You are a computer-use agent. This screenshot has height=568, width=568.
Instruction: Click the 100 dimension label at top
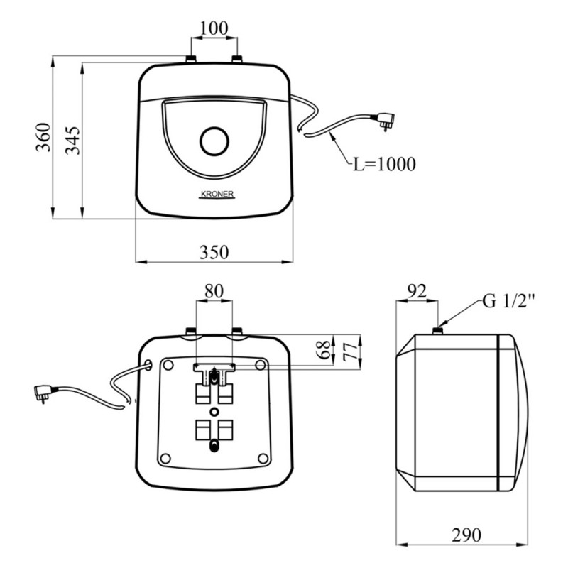(214, 28)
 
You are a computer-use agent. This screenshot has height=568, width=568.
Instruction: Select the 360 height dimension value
(44, 137)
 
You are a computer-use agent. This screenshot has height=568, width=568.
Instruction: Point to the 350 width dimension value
(213, 251)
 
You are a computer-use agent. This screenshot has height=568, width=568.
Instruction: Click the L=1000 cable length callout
(384, 165)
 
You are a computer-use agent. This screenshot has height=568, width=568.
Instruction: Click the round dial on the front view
(214, 141)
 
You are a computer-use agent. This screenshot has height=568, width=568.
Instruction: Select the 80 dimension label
(214, 290)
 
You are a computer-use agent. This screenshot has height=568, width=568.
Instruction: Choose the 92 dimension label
(418, 290)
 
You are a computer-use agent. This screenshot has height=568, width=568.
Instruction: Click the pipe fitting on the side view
(440, 328)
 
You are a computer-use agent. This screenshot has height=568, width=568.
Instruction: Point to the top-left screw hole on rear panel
(168, 364)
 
